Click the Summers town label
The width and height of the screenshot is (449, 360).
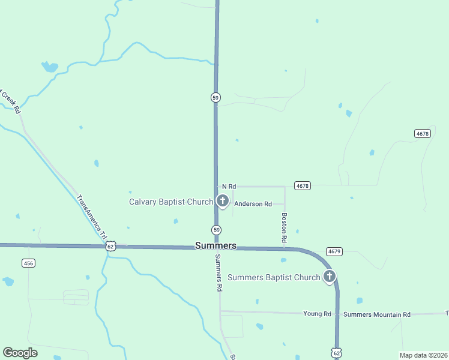coord(215,246)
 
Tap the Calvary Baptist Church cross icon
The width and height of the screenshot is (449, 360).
coord(222,200)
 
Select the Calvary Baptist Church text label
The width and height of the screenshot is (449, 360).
coord(171,202)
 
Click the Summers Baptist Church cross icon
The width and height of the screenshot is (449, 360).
coord(329,277)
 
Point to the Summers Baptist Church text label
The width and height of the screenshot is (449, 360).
coord(274,277)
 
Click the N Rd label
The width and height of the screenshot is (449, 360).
coord(229,187)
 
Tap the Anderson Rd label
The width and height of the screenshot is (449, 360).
coord(253,204)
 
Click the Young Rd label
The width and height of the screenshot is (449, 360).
coord(317,314)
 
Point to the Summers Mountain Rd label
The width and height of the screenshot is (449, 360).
coord(377,314)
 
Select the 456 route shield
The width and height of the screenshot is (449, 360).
coord(28,263)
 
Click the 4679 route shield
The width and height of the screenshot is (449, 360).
coord(334,251)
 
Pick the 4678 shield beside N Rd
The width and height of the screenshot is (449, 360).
coord(302,186)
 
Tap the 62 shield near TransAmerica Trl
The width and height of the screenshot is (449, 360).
coord(110,246)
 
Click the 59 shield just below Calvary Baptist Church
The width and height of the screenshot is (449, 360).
coord(216,230)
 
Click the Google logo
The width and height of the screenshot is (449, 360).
coord(20,353)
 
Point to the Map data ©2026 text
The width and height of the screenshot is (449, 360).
coord(423,355)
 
